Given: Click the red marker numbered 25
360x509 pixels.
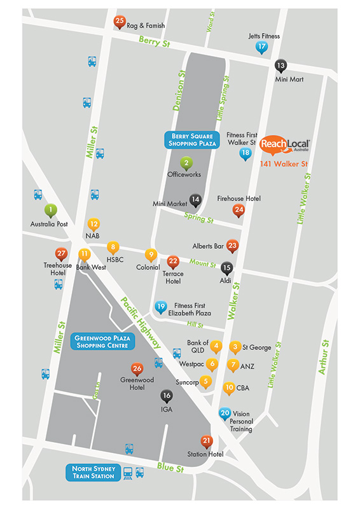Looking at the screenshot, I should click(x=120, y=22).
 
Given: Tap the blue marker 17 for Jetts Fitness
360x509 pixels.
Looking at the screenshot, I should click(x=261, y=47).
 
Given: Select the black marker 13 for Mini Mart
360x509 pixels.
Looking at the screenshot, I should click(x=280, y=65).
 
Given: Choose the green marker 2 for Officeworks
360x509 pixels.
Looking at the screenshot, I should click(x=186, y=162).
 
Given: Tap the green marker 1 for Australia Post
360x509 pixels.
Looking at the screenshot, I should click(x=50, y=209).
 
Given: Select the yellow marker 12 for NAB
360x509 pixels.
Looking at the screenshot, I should click(x=93, y=223).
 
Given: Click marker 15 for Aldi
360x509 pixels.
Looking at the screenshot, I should click(x=226, y=268).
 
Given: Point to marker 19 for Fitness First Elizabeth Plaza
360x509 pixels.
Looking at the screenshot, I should click(x=162, y=307).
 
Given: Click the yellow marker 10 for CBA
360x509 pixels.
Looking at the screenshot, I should click(x=229, y=386).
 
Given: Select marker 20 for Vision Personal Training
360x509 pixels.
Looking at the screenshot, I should click(x=225, y=412).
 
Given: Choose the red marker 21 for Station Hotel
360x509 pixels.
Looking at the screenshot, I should click(x=206, y=440).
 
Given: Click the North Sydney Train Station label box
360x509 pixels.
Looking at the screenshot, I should click(x=92, y=472).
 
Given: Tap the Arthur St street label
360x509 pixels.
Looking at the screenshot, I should click(x=324, y=356).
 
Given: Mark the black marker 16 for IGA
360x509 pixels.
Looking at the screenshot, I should click(x=167, y=396).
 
